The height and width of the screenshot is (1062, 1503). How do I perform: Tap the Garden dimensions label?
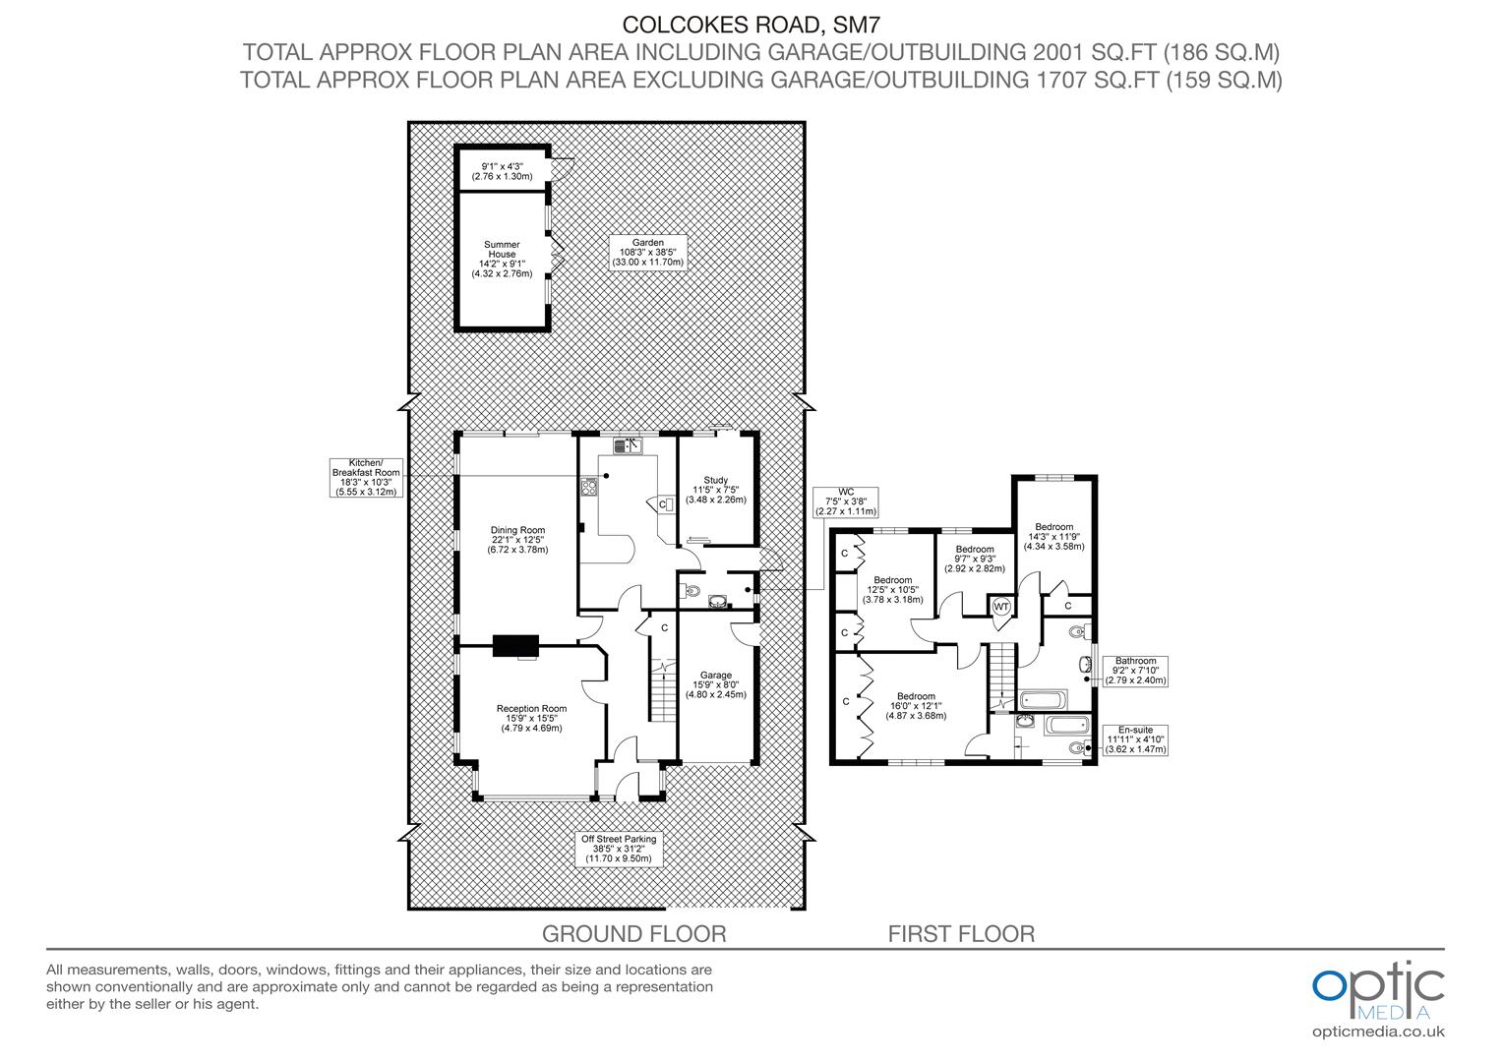(647, 253)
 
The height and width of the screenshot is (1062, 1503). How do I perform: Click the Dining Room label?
(518, 540)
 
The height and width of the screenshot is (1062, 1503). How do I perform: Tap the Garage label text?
(715, 684)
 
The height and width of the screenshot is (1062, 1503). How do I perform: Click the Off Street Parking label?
(619, 849)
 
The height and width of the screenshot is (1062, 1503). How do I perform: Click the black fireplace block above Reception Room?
(515, 644)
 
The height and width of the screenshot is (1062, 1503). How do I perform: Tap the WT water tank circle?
(1000, 607)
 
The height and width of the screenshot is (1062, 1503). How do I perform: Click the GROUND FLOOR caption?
(634, 934)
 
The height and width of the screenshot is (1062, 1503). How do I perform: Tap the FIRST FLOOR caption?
(961, 934)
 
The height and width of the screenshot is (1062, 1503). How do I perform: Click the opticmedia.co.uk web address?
(1378, 1032)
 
